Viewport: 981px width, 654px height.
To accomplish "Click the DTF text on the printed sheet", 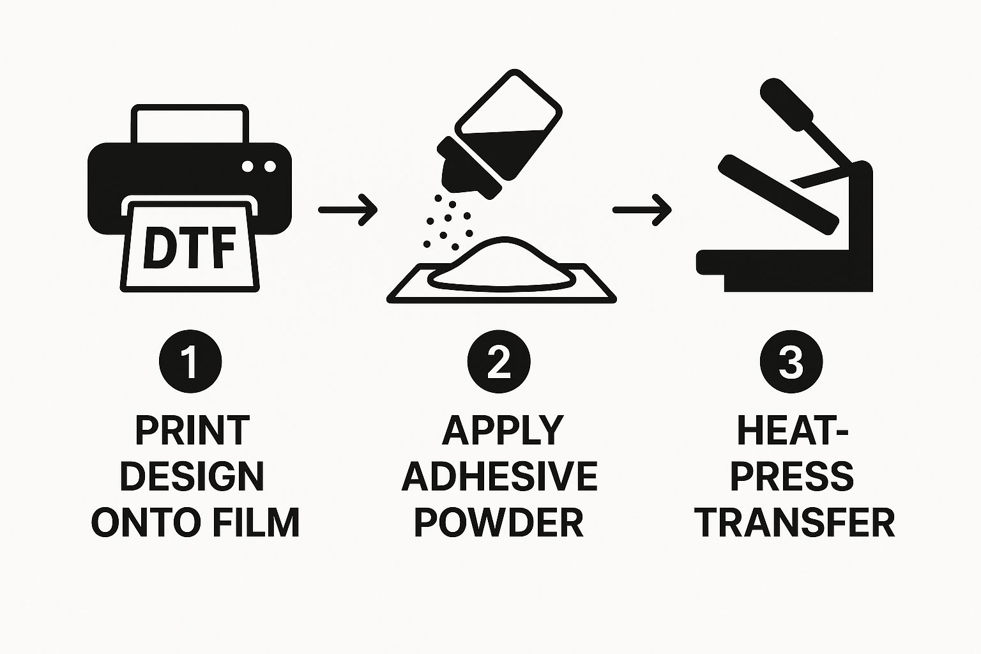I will click(x=190, y=247).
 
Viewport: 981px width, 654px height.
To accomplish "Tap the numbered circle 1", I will click(x=190, y=361).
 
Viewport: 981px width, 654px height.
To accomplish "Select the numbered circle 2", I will click(x=499, y=361).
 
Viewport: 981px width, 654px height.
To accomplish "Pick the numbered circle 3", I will click(x=791, y=361).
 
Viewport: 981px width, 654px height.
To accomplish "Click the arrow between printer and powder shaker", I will click(x=347, y=209).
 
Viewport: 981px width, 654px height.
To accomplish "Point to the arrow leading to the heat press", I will click(x=642, y=209).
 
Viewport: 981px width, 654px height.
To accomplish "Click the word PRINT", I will click(x=192, y=430).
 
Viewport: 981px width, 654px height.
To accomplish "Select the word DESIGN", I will click(x=192, y=476).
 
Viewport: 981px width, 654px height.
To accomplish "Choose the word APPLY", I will click(x=502, y=430).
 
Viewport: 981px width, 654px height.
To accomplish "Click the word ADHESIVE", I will click(x=499, y=476).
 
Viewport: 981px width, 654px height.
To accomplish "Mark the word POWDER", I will click(x=499, y=522).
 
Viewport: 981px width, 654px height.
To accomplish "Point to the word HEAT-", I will click(x=793, y=430).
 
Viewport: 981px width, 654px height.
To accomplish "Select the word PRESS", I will click(x=793, y=476).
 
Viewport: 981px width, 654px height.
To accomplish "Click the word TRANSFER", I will click(x=795, y=522).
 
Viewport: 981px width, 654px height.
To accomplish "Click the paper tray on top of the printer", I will click(x=189, y=125).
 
